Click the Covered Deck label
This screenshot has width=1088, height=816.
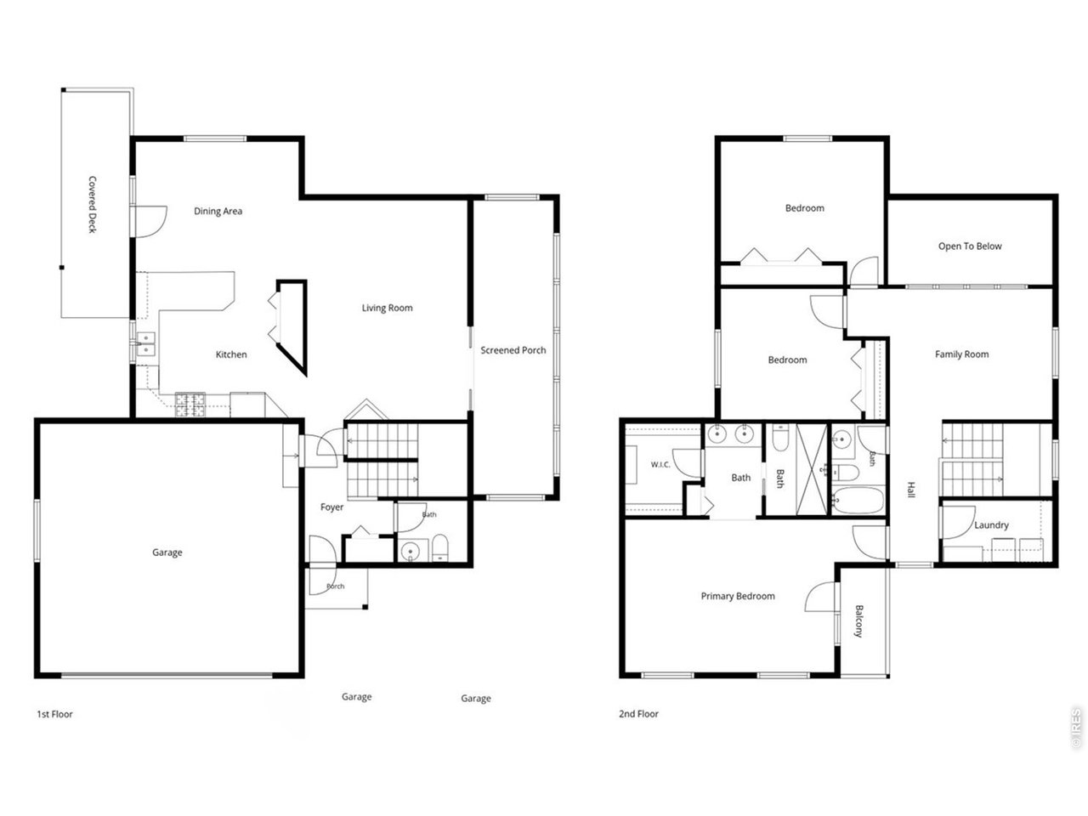[x=92, y=204]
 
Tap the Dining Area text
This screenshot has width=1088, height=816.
[x=218, y=211]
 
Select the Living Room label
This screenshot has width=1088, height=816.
[x=387, y=308]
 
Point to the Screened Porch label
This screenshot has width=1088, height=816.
[x=513, y=350]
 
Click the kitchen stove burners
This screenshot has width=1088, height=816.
[x=190, y=405]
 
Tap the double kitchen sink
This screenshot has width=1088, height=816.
[x=145, y=344]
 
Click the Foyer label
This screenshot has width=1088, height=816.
[x=331, y=507]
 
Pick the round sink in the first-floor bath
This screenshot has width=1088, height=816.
[x=411, y=551]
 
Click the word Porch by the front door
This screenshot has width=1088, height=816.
[x=336, y=586]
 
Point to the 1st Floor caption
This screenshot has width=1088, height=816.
[x=54, y=714]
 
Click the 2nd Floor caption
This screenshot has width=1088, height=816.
[x=638, y=714]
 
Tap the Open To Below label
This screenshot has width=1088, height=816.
[x=970, y=246]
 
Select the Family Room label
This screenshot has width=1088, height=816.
[x=961, y=354]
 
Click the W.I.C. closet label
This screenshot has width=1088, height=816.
[x=660, y=465]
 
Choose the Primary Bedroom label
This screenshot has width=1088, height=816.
[x=738, y=596]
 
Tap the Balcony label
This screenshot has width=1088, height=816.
[x=859, y=620]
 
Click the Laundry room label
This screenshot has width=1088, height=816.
[x=991, y=525]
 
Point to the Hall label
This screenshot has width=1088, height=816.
[x=911, y=490]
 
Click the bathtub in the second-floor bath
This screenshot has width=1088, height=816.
[x=858, y=501]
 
